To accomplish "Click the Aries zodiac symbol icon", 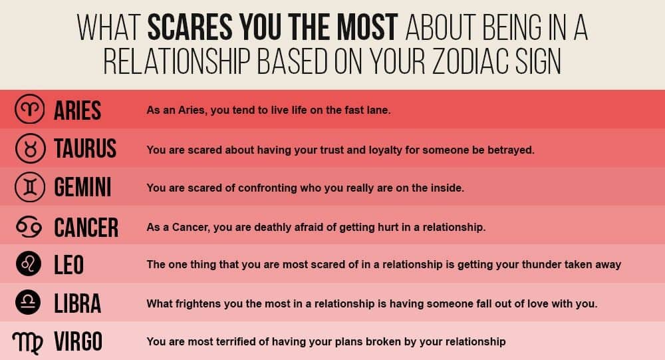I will pyautogui.click(x=30, y=110).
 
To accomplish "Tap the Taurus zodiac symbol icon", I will pyautogui.click(x=30, y=149).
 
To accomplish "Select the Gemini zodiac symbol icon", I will pyautogui.click(x=30, y=187).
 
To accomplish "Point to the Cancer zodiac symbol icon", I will pyautogui.click(x=30, y=226).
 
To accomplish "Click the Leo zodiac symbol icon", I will pyautogui.click(x=30, y=264).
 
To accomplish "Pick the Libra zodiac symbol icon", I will pyautogui.click(x=30, y=303).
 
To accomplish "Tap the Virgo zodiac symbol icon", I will pyautogui.click(x=29, y=342).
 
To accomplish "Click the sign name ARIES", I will pyautogui.click(x=77, y=110).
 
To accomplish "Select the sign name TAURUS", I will pyautogui.click(x=85, y=149).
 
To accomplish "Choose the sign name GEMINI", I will pyautogui.click(x=82, y=188).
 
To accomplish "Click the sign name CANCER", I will pyautogui.click(x=86, y=226).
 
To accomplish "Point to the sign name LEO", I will pyautogui.click(x=69, y=265).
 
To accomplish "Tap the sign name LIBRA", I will pyautogui.click(x=77, y=303).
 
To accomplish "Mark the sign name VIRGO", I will pyautogui.click(x=78, y=342).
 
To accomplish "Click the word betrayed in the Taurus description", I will pyautogui.click(x=511, y=150).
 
